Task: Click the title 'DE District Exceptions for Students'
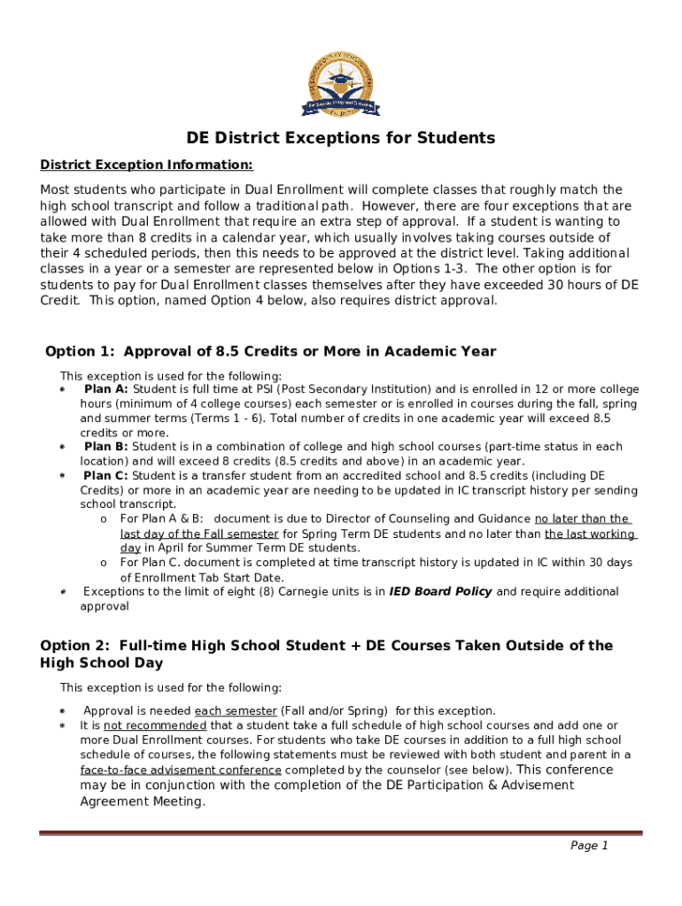pos(341,138)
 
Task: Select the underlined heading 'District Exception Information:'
pos(147,165)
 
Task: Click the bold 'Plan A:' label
pos(105,389)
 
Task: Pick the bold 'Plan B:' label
pos(105,447)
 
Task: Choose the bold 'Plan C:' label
pos(105,476)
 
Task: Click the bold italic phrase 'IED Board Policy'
pos(440,592)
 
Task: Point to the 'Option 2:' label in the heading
pos(76,646)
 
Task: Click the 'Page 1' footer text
pos(589,846)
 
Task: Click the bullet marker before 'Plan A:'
pos(63,390)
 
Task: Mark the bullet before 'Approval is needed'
pos(63,711)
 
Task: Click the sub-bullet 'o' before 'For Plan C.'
pos(104,563)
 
